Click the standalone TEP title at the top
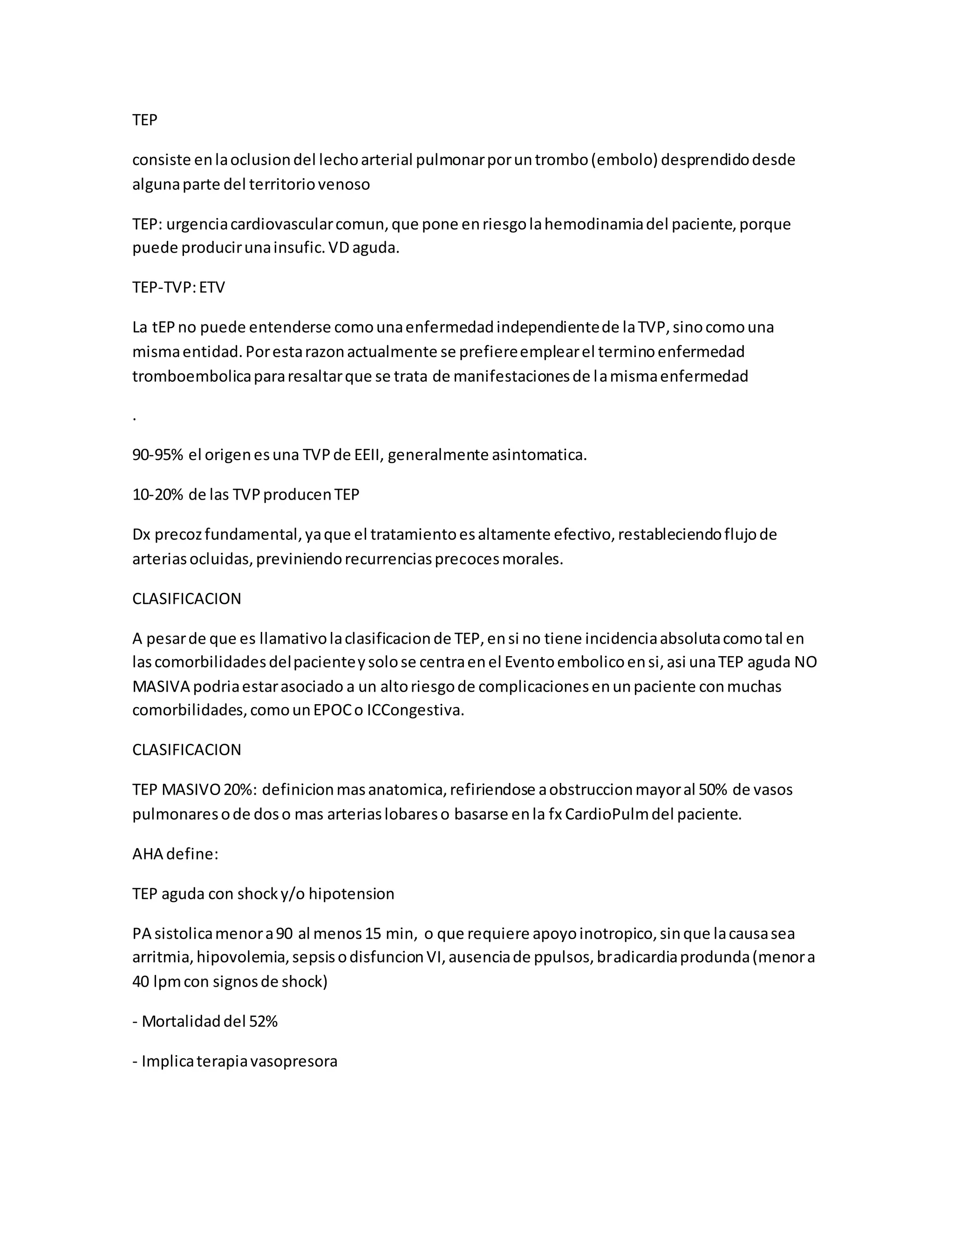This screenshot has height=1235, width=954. pos(145,120)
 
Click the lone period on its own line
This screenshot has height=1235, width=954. pos(135,418)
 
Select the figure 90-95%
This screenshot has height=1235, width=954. pos(158,455)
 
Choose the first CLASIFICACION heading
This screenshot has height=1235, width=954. pos(186,599)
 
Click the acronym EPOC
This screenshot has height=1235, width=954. pos(337,710)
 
